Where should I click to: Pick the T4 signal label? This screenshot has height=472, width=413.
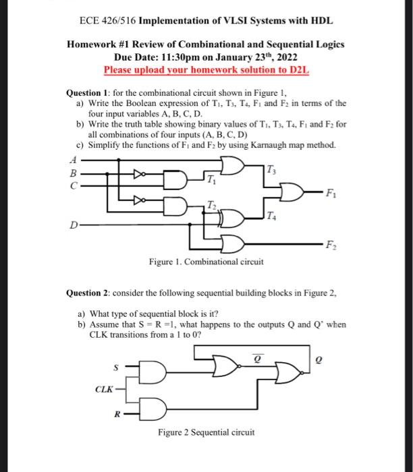pos(271,216)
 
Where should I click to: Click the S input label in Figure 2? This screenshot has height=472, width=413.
pos(115,368)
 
